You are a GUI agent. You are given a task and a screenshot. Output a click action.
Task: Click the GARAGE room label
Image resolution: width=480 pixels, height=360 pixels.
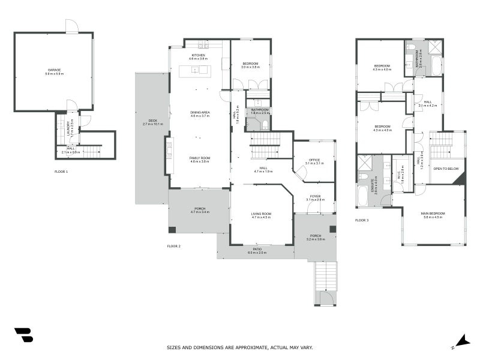(54, 71)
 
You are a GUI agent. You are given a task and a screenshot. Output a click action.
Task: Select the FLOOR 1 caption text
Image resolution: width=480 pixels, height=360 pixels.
(61, 172)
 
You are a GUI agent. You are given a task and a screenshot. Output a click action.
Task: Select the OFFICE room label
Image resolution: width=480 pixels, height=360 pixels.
(314, 160)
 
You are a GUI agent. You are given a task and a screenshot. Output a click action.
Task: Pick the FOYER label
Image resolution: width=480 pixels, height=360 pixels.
(314, 196)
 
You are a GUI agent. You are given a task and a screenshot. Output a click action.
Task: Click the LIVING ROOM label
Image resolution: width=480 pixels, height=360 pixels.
(261, 214)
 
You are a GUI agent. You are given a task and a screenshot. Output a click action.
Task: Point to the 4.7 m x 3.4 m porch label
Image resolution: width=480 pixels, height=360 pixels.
(199, 209)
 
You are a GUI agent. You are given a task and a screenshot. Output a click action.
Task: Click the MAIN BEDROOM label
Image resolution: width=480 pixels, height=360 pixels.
(433, 214)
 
